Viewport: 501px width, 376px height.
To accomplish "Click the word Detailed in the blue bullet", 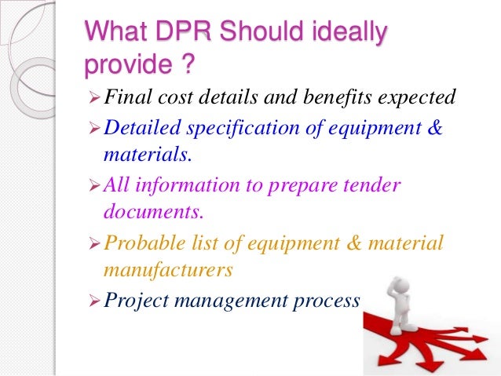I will click(139, 126).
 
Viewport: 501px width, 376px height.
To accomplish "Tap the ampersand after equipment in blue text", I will click(434, 126).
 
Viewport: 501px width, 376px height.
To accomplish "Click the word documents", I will click(148, 213).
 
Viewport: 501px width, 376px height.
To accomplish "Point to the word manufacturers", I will click(166, 272).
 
